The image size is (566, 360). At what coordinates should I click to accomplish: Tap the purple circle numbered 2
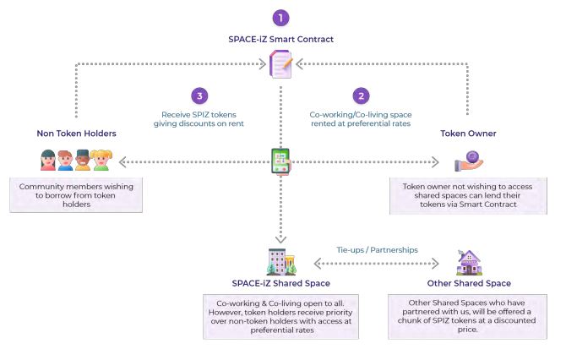coord(361,96)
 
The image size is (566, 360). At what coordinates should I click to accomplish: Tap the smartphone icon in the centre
coord(280,161)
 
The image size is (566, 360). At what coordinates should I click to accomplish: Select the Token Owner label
coord(467,134)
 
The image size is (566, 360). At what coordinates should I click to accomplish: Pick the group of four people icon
coord(75,161)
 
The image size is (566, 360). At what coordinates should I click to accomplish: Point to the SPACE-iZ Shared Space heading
coord(280,283)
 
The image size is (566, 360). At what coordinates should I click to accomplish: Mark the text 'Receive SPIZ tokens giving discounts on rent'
coord(199,119)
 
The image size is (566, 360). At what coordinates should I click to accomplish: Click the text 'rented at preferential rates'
coord(360,124)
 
